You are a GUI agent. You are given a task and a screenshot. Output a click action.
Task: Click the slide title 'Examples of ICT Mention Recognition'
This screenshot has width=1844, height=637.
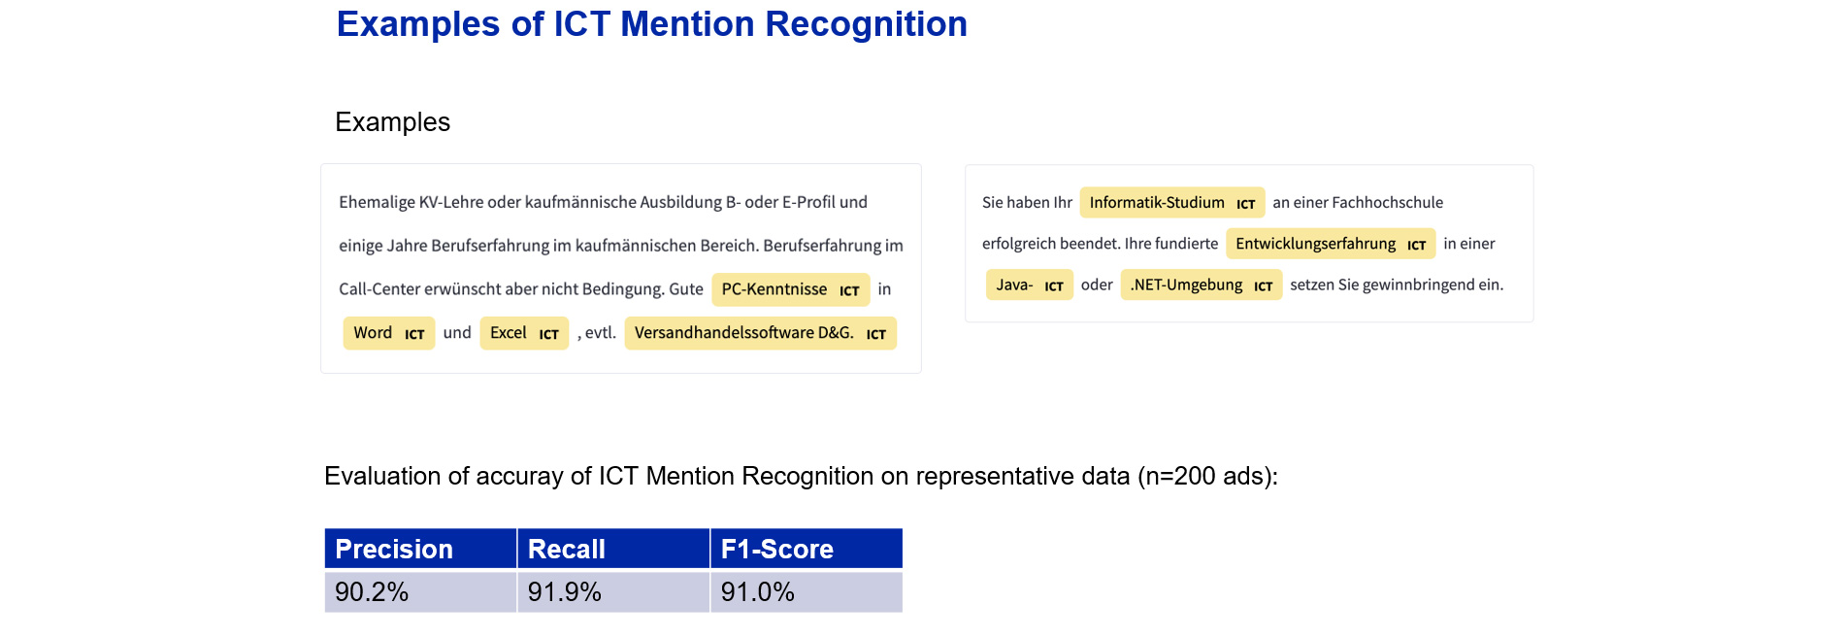click(652, 24)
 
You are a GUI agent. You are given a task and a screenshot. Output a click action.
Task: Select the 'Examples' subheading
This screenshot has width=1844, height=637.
click(392, 122)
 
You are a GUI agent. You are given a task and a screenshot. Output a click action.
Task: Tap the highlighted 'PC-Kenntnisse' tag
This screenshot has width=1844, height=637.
click(791, 289)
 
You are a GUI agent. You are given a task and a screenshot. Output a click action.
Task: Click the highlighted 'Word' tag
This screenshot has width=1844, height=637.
click(389, 333)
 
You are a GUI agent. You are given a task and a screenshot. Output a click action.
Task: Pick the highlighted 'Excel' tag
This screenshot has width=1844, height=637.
click(524, 333)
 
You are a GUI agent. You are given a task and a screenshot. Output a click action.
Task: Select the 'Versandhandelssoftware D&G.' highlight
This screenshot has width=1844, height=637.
click(761, 333)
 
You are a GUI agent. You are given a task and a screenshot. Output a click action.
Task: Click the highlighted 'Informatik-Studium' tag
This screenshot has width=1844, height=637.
click(1172, 203)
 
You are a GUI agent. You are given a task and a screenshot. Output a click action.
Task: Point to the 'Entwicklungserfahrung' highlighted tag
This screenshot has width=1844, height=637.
click(1331, 244)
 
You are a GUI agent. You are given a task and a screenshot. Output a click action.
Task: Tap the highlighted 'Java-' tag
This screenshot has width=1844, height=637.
click(1030, 285)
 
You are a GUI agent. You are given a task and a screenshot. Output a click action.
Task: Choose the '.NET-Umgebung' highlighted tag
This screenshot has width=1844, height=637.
click(1202, 285)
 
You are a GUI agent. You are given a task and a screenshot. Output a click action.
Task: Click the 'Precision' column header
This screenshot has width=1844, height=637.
click(420, 549)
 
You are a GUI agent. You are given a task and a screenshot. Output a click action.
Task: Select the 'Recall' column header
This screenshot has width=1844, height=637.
click(613, 549)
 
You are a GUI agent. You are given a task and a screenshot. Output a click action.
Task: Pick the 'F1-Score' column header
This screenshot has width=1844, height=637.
click(807, 549)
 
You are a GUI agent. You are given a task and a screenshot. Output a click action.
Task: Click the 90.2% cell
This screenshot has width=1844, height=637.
click(420, 591)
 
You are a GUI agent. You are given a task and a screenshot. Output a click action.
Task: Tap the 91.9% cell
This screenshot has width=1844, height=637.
click(613, 591)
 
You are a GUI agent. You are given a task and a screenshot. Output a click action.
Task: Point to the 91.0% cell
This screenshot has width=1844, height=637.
click(807, 591)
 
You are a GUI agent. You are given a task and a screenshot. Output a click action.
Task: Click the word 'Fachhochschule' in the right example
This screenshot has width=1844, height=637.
click(1387, 203)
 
